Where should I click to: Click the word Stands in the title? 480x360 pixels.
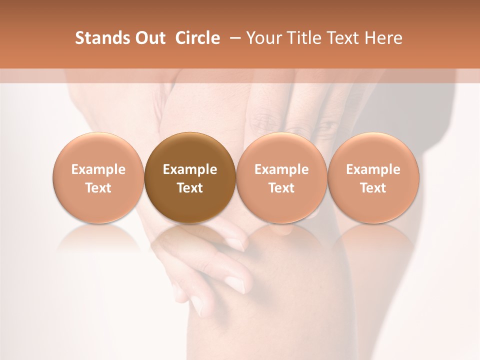click(98, 38)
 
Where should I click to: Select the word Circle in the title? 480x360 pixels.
click(197, 38)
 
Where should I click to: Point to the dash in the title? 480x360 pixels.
click(233, 38)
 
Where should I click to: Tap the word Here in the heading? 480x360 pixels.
click(384, 38)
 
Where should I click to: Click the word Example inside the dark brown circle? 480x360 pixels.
click(190, 169)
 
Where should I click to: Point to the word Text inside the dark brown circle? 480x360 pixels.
click(190, 188)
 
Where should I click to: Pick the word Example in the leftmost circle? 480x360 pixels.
click(98, 169)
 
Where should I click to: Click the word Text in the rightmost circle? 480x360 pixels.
click(373, 188)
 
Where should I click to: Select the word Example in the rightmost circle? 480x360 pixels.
click(373, 169)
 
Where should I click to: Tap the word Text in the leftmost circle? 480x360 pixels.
click(98, 188)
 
